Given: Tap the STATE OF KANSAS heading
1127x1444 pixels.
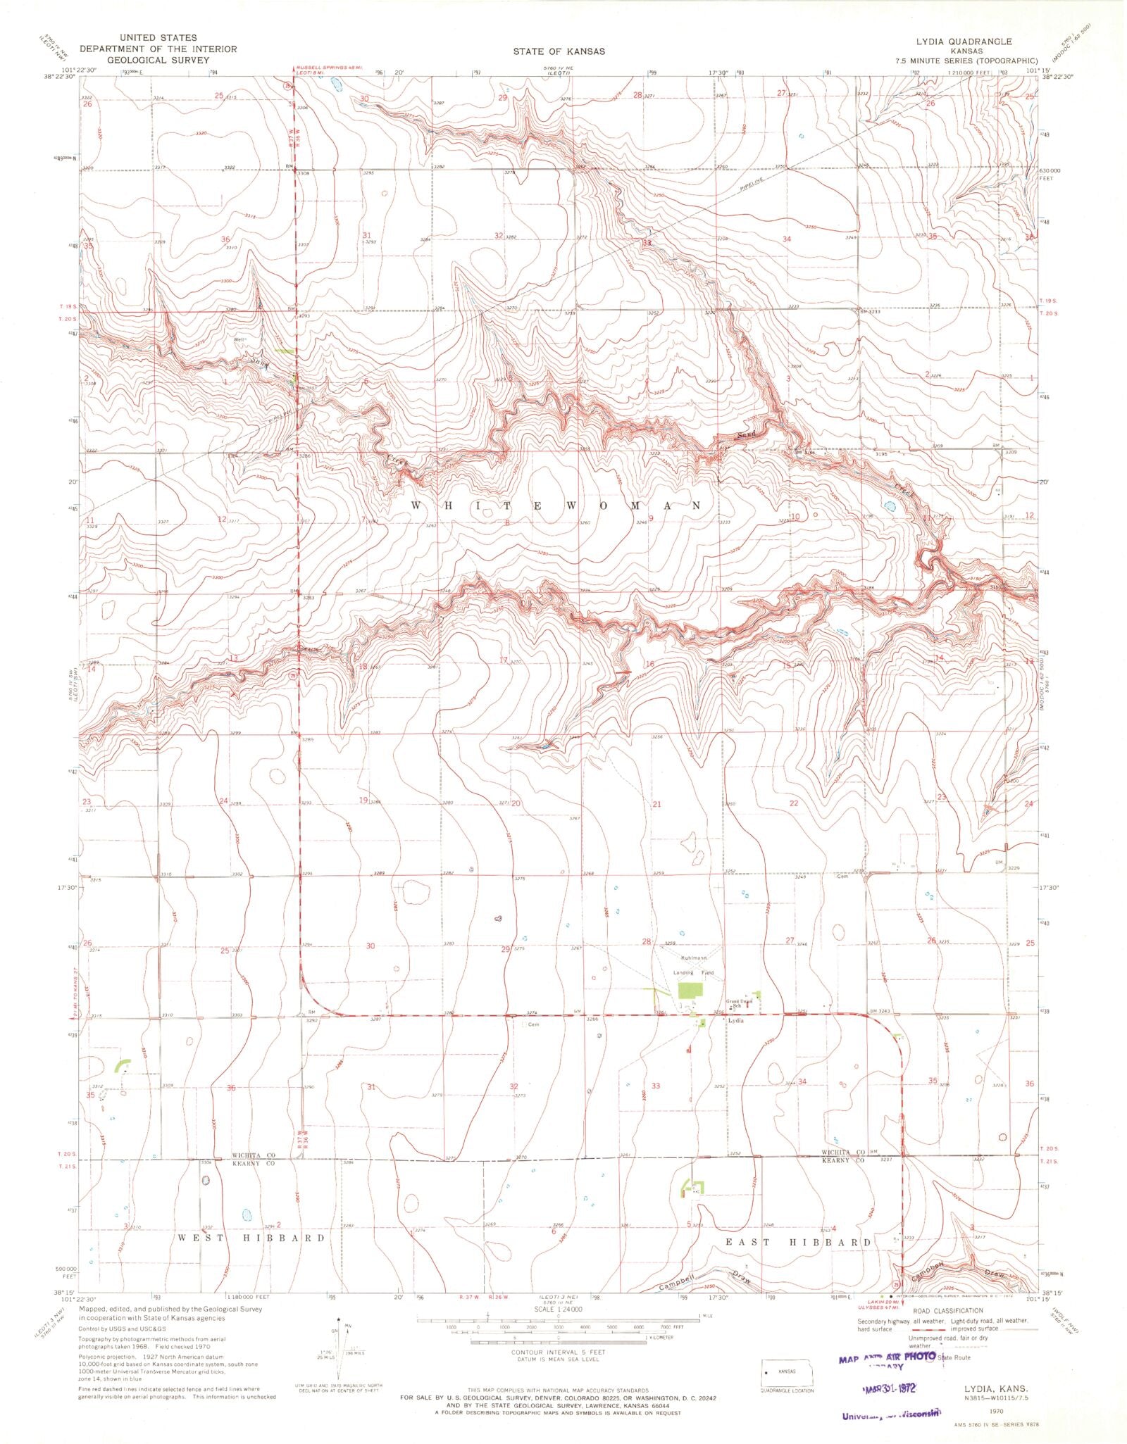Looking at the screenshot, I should click(559, 51).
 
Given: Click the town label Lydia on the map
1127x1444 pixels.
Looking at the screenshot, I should click(735, 1021).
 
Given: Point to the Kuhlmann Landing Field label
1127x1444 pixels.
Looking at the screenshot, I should click(694, 965).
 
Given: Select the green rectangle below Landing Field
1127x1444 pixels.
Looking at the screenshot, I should click(690, 991).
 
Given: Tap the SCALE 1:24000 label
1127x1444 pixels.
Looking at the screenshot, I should click(559, 1309).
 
